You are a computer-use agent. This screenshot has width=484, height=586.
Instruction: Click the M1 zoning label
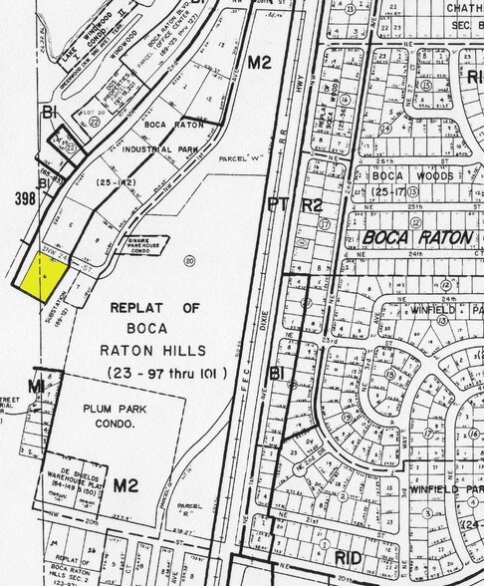37,385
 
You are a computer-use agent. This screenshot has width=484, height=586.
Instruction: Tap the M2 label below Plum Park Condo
124,485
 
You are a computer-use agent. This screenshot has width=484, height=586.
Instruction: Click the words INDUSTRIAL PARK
160,149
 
